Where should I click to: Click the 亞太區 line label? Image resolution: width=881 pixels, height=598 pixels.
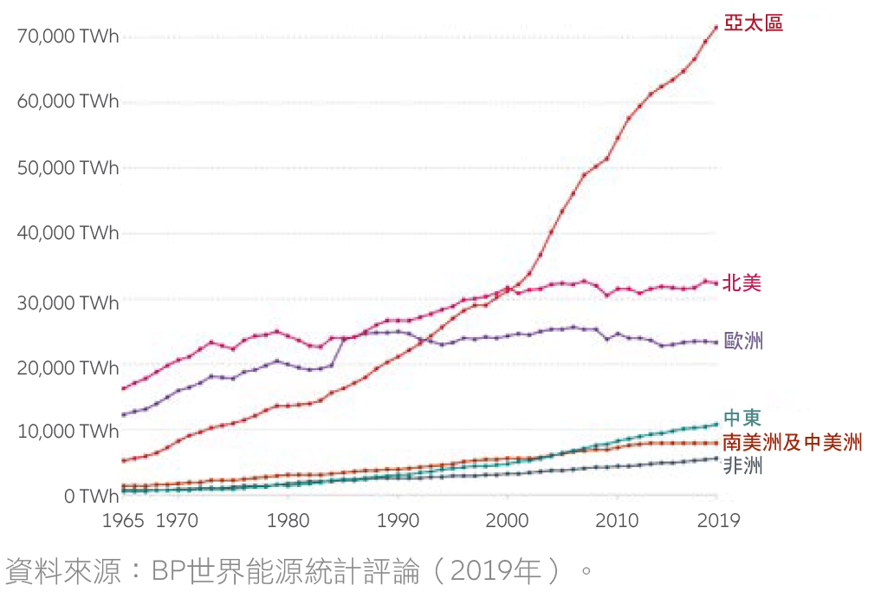pyautogui.click(x=753, y=23)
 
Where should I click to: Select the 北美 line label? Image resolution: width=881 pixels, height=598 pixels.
pyautogui.click(x=742, y=283)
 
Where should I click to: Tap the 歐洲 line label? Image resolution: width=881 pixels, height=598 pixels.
pyautogui.click(x=743, y=340)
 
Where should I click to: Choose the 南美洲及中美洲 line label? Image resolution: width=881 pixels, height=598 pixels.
pyautogui.click(x=792, y=443)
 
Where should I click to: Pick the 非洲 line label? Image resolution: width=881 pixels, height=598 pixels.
pyautogui.click(x=742, y=466)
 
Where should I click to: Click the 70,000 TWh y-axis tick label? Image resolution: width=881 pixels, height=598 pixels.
pyautogui.click(x=68, y=36)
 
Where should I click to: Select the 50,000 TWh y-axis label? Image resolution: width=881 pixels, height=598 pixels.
pyautogui.click(x=68, y=168)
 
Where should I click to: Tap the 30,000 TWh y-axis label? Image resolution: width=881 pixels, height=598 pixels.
pyautogui.click(x=68, y=302)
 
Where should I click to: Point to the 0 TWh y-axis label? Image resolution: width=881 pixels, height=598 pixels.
pyautogui.click(x=90, y=497)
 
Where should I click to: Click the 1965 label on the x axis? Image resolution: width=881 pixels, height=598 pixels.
pyautogui.click(x=122, y=521)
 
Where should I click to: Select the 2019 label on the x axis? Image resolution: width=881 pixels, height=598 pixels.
pyautogui.click(x=718, y=521)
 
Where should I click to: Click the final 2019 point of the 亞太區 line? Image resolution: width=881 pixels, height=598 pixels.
pyautogui.click(x=716, y=27)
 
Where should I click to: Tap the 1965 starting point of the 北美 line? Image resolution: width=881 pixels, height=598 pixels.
pyautogui.click(x=124, y=388)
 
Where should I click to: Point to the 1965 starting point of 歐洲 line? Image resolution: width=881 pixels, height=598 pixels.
pyautogui.click(x=124, y=414)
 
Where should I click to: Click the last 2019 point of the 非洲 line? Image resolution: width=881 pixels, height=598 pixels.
pyautogui.click(x=716, y=458)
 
